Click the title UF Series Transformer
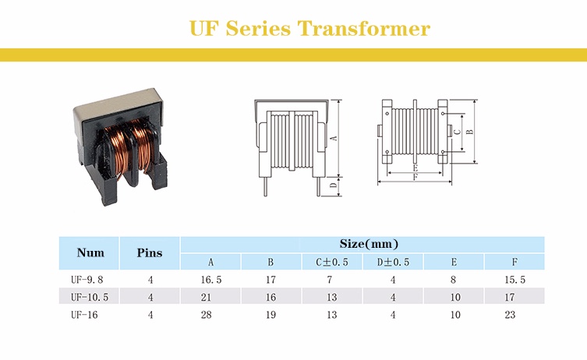[309, 29]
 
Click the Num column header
[90, 252]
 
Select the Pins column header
[150, 252]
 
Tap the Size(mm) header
[369, 244]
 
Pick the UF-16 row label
[86, 315]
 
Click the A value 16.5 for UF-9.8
[210, 279]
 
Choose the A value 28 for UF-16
[210, 315]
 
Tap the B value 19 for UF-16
[271, 315]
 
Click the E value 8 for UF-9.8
[455, 279]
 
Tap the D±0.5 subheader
[393, 262]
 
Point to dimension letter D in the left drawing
[334, 185]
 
